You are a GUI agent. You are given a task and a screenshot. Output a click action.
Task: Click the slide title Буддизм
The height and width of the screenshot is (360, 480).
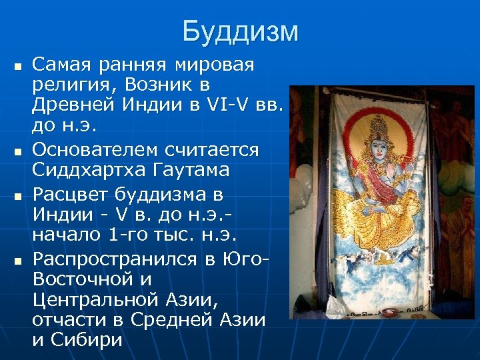[240, 31]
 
